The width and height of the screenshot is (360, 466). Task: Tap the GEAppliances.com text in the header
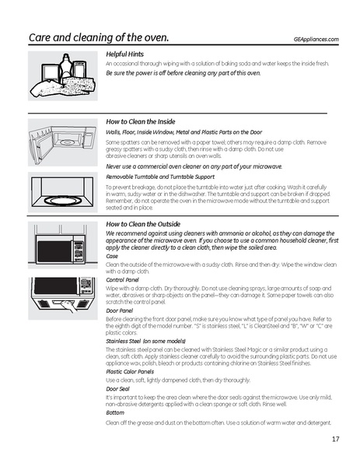click(316, 39)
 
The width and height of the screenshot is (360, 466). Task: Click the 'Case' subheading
click(112, 255)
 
